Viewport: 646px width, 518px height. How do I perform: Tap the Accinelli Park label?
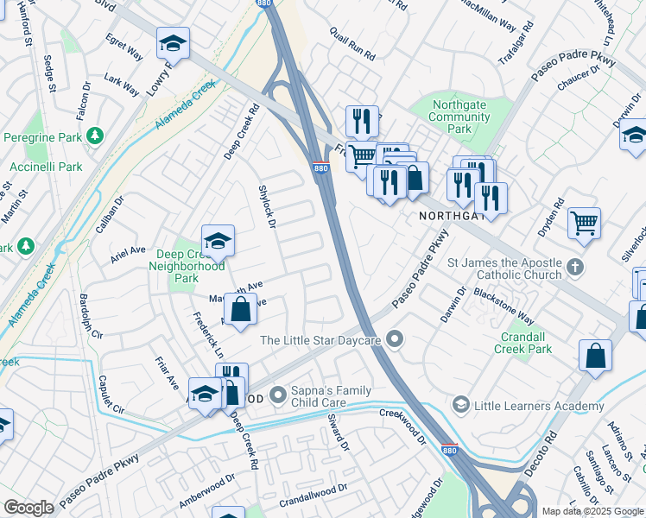(46, 167)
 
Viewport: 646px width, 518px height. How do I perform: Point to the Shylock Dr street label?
(267, 206)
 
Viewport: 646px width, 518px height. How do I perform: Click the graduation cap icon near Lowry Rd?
(173, 43)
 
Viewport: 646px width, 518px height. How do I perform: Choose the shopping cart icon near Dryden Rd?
(584, 223)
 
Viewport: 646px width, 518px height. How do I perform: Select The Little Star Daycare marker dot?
(395, 339)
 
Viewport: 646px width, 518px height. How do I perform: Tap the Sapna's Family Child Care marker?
(278, 395)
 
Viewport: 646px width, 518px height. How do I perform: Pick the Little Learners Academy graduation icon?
(460, 405)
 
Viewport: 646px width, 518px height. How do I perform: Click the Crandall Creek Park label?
(522, 343)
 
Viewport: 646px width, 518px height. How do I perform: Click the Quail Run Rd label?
(352, 43)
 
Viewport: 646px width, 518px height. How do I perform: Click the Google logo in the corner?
(28, 508)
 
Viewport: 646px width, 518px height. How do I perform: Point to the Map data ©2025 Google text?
(592, 511)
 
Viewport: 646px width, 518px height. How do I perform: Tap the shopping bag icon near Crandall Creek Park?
(596, 356)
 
